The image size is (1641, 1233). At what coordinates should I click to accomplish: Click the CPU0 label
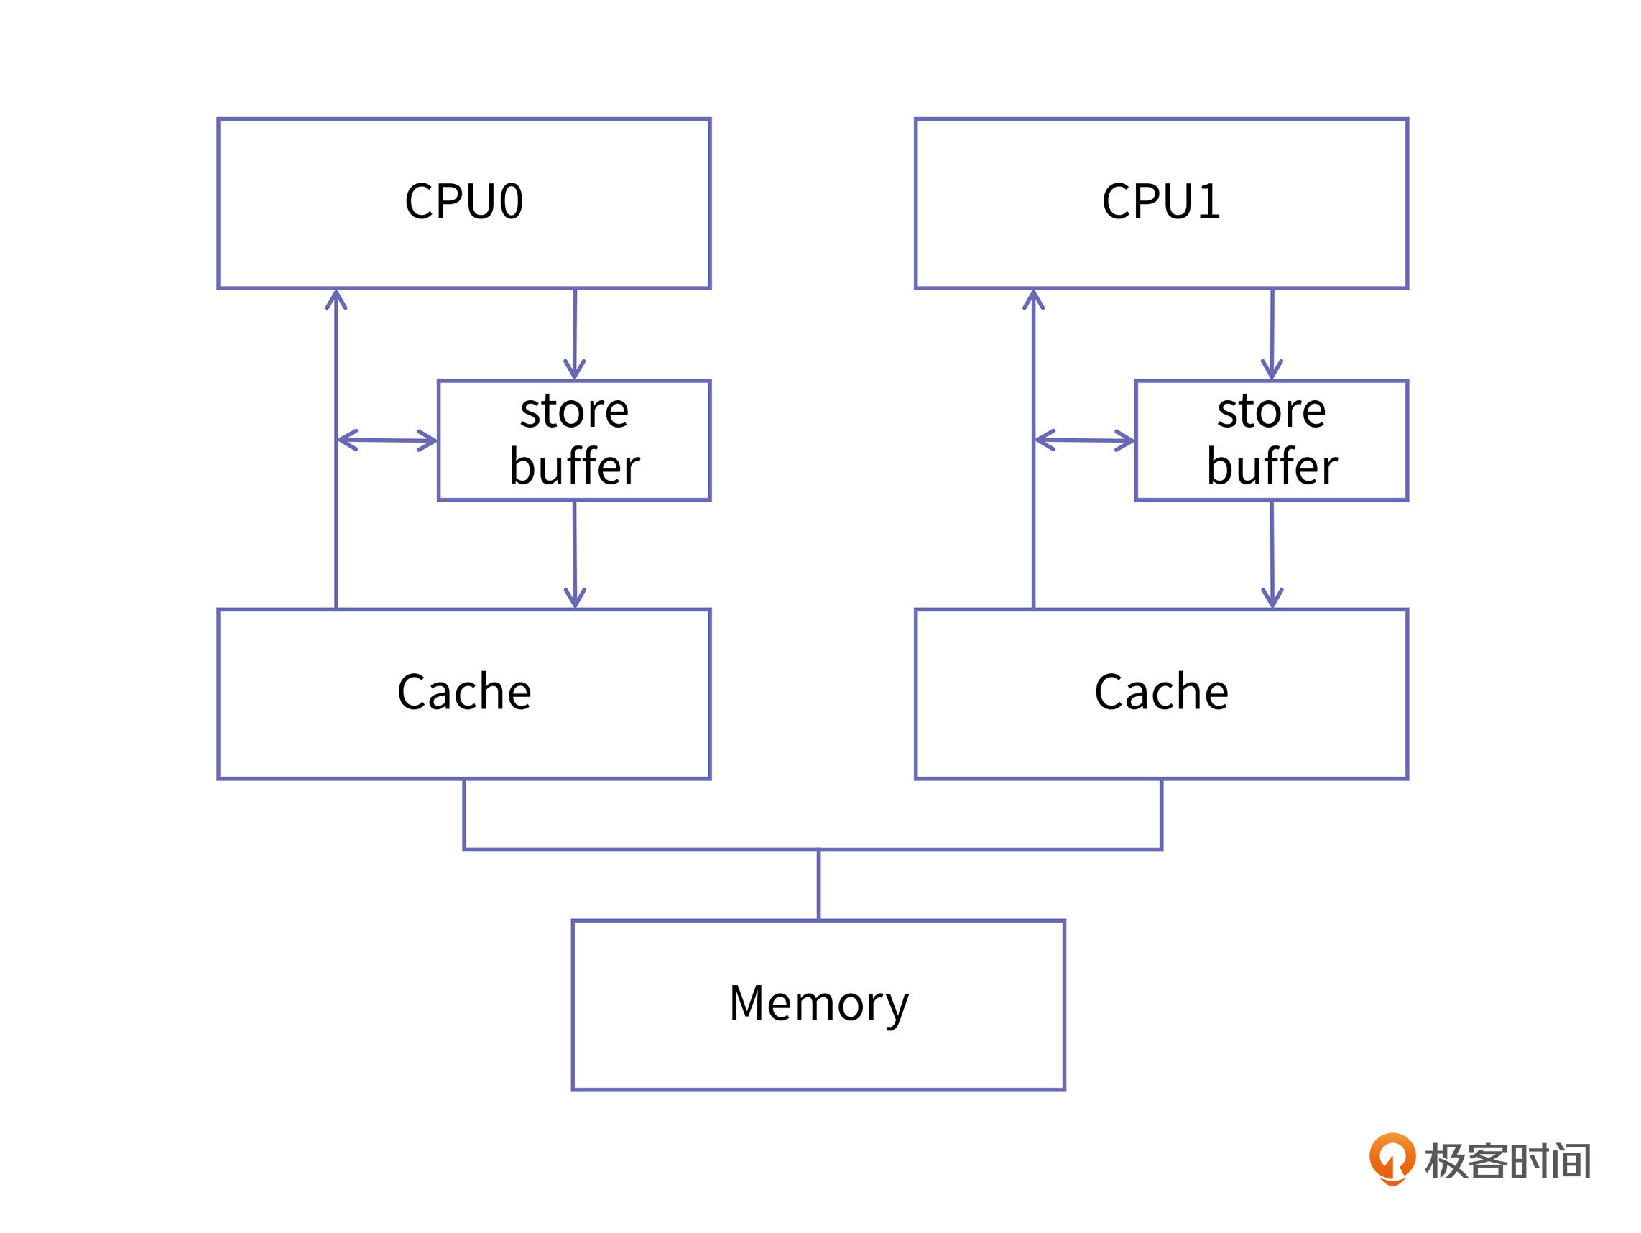pyautogui.click(x=463, y=202)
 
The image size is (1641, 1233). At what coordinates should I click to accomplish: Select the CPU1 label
pyautogui.click(x=1161, y=202)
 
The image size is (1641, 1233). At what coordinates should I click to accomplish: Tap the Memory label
pyautogui.click(x=818, y=1004)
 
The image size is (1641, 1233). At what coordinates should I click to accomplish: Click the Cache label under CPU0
pyautogui.click(x=463, y=692)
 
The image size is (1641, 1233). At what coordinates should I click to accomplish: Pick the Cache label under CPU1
pyautogui.click(x=1161, y=692)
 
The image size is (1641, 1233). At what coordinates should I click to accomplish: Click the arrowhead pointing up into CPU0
pyautogui.click(x=336, y=299)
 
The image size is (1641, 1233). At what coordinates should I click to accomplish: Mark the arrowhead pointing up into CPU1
pyautogui.click(x=1033, y=299)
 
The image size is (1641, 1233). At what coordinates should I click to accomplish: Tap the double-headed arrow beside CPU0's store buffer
pyautogui.click(x=387, y=440)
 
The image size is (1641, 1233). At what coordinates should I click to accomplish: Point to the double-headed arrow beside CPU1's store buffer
pyautogui.click(x=1084, y=440)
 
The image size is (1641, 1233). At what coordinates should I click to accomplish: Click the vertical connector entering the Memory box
pyautogui.click(x=818, y=885)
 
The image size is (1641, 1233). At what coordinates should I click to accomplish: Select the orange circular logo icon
pyautogui.click(x=1392, y=1158)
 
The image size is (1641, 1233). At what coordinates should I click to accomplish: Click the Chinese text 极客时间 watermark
pyautogui.click(x=1507, y=1161)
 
